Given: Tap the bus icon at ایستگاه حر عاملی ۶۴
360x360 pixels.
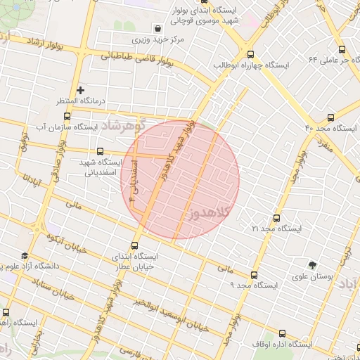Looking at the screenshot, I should (342, 50).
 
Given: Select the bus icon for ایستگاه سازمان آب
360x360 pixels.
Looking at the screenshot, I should (66, 116).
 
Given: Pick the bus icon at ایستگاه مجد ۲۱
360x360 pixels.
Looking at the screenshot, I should (276, 218).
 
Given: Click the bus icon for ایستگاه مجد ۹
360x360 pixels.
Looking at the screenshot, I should (254, 275).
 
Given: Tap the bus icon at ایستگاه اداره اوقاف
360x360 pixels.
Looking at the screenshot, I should (282, 334).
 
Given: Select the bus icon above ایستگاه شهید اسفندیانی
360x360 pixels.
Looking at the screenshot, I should (99, 151).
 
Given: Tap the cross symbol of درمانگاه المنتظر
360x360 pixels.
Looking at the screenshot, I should (81, 90).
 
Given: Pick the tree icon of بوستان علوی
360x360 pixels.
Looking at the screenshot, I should (312, 265).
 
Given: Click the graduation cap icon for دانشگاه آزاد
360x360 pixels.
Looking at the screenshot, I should (25, 256).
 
